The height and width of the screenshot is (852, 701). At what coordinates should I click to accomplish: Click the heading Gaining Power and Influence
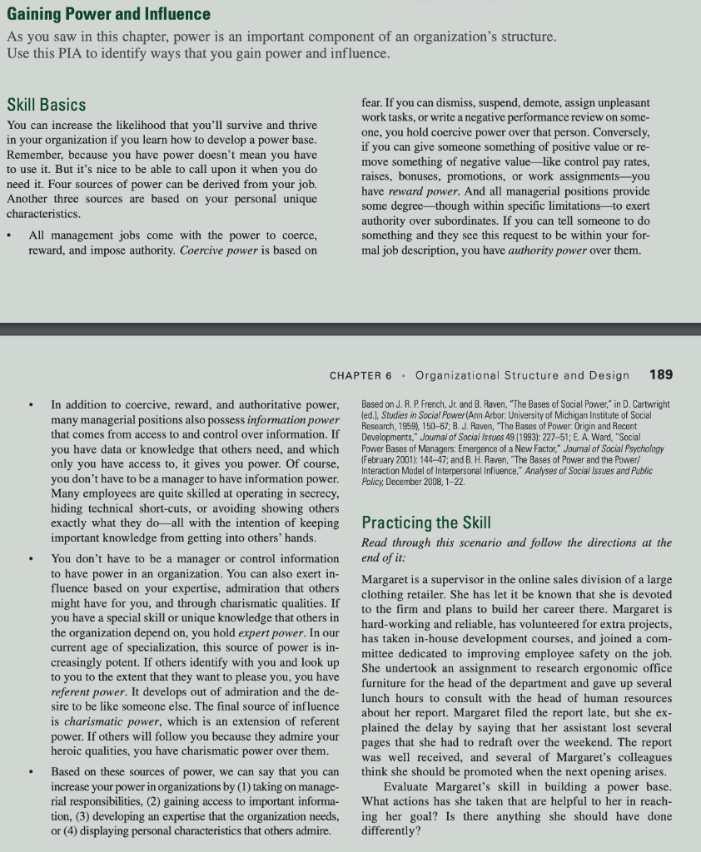(108, 14)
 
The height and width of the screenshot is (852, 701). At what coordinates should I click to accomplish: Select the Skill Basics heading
(46, 104)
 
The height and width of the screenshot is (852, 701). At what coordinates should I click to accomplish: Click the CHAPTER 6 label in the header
(362, 375)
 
